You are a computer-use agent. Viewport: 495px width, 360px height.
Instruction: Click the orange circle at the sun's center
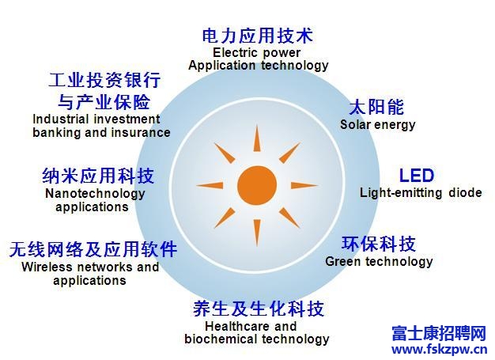(x=257, y=185)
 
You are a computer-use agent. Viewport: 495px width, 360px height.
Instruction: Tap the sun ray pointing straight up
(x=257, y=138)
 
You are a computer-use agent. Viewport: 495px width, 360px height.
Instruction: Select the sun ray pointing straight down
(x=257, y=233)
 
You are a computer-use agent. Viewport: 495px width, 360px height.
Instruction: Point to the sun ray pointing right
(x=304, y=185)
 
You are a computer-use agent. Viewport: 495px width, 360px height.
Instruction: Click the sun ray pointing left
(x=210, y=185)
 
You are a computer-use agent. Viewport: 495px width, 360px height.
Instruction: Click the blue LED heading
(x=417, y=176)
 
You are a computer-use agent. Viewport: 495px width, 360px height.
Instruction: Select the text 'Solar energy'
(x=377, y=125)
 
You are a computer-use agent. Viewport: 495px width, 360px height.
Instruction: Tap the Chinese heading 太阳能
(x=376, y=107)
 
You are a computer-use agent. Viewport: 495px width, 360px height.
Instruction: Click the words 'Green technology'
(x=379, y=262)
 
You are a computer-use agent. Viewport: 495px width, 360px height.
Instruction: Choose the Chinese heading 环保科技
(x=379, y=244)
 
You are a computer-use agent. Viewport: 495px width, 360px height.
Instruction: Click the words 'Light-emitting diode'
(x=421, y=192)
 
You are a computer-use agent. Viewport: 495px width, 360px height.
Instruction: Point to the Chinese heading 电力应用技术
(x=258, y=36)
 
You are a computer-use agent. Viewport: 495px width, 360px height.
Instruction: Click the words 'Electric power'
(x=257, y=53)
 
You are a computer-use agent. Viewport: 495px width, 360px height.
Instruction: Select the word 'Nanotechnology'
(x=95, y=194)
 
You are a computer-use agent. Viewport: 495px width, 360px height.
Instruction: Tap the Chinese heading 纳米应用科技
(x=98, y=176)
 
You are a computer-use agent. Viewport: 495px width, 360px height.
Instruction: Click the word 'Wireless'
(x=47, y=267)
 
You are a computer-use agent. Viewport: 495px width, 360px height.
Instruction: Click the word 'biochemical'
(x=221, y=339)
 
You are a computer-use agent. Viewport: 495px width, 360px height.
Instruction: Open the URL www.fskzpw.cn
(x=440, y=350)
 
